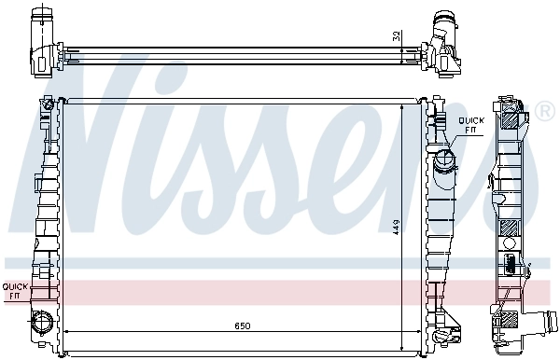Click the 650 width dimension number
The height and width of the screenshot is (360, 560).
[x=242, y=325]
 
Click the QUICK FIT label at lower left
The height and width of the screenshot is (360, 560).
[x=15, y=290]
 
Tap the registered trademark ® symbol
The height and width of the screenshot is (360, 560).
[x=545, y=113]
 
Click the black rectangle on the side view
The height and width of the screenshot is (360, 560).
[x=510, y=262]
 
